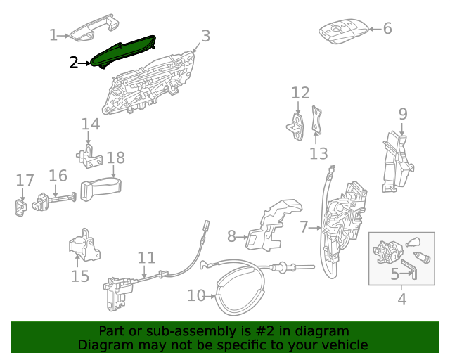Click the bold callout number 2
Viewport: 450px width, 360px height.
point(74,63)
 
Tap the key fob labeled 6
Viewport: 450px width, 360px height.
point(344,31)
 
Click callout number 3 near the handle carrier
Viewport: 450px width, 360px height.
point(205,36)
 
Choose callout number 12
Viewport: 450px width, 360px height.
point(300,93)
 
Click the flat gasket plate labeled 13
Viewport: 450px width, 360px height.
point(316,120)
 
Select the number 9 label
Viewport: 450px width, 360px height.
point(403,114)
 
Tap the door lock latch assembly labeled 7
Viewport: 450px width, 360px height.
point(343,221)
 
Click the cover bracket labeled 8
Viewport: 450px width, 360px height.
point(273,224)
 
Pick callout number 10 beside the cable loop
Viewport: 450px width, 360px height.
point(196,295)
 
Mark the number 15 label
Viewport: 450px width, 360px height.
point(79,276)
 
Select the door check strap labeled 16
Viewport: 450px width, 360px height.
point(55,200)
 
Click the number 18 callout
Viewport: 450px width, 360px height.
point(115,157)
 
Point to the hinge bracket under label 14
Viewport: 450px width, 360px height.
point(89,157)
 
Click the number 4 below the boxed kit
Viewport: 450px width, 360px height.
point(402,299)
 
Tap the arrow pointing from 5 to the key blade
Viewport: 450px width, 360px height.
point(406,274)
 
